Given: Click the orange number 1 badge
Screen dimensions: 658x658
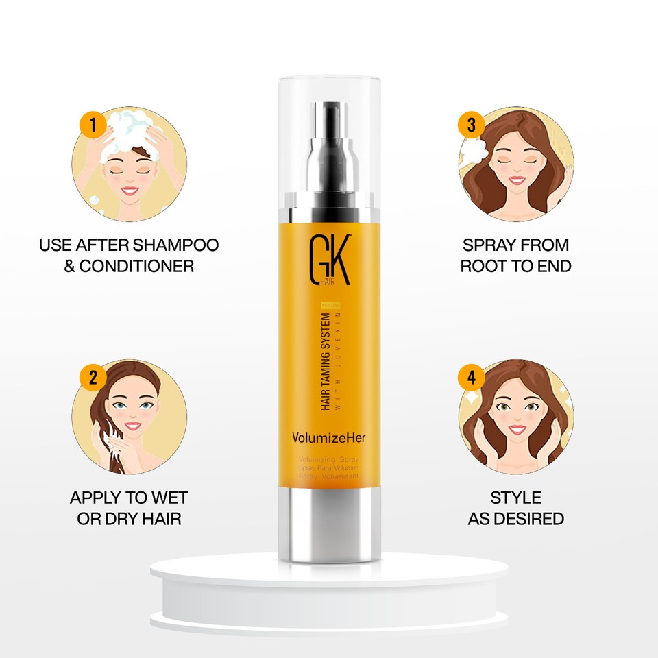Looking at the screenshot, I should [x=93, y=126].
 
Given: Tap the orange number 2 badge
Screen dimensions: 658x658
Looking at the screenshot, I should [x=93, y=377].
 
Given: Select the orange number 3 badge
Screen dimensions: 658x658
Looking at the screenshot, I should [x=471, y=125].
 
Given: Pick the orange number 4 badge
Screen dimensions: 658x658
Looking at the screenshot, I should [x=471, y=377].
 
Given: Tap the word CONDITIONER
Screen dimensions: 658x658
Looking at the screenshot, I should [x=136, y=266].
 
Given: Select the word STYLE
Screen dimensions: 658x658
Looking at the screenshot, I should [x=515, y=497].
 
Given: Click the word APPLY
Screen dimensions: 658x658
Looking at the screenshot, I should [x=98, y=497].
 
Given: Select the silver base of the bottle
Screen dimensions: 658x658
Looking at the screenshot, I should [x=329, y=521].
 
